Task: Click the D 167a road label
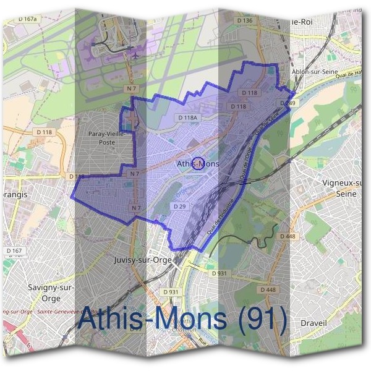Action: (28, 20)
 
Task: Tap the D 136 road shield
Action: (245, 21)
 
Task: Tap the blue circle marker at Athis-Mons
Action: (198, 164)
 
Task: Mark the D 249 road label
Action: (288, 103)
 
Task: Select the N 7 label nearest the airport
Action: (130, 90)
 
